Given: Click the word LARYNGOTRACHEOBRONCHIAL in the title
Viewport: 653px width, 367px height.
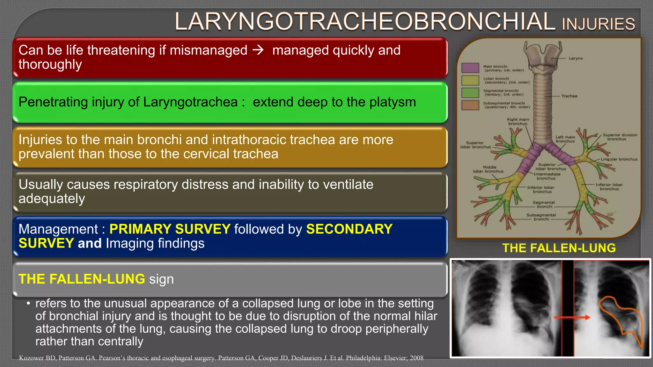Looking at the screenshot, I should [365, 22].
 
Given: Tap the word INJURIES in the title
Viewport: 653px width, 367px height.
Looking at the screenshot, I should [598, 24].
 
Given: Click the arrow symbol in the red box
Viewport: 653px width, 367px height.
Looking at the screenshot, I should [258, 50].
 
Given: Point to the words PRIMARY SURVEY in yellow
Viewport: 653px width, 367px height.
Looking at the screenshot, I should [170, 229].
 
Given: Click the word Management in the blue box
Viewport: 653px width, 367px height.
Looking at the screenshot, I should [58, 229].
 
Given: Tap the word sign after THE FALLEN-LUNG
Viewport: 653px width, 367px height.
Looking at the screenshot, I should [161, 279].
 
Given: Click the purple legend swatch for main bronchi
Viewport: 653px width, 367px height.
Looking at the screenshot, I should [470, 68].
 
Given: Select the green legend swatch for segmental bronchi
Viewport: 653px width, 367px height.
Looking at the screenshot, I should [470, 93].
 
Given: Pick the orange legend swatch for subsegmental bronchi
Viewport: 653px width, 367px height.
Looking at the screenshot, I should [470, 105].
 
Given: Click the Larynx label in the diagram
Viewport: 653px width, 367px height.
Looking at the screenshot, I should [576, 58].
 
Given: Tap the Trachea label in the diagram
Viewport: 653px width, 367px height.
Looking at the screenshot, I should [569, 96].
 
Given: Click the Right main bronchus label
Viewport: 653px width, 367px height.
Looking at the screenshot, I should [518, 122].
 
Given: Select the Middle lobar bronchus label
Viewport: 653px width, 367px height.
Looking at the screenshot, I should [488, 169].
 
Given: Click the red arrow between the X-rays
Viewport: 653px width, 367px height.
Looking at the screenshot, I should [572, 317].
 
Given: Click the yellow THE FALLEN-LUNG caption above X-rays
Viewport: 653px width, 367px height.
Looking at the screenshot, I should [559, 248].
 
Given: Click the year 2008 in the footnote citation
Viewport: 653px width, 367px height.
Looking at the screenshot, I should [416, 358].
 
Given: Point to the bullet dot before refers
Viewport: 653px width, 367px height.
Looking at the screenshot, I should [28, 303].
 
